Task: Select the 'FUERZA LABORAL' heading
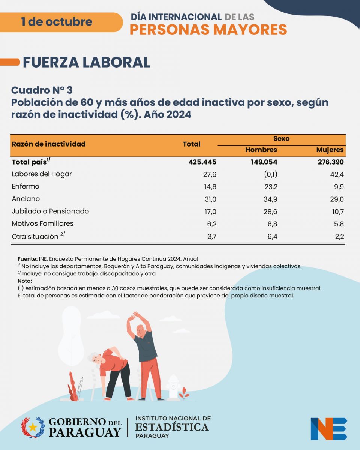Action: point(87,62)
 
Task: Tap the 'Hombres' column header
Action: point(261,150)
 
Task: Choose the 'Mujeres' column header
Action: point(330,150)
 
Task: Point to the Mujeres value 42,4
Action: point(337,174)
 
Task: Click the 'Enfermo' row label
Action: point(25,186)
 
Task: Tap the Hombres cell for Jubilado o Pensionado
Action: point(270,211)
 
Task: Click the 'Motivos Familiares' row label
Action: point(43,223)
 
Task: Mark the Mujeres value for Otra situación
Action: point(338,236)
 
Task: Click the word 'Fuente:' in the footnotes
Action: point(27,259)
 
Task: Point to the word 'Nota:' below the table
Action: point(25,281)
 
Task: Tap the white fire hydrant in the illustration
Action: point(173,386)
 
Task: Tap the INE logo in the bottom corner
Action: point(328,428)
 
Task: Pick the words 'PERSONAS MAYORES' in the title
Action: point(208,29)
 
